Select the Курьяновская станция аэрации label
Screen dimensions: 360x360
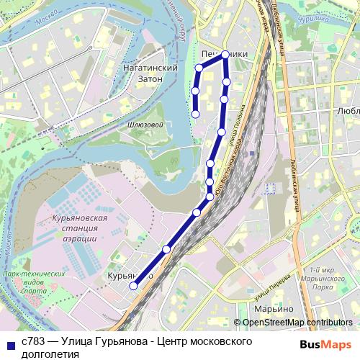point(76,228)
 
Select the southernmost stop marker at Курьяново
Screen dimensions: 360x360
point(133,286)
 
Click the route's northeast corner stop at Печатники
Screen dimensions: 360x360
point(225,55)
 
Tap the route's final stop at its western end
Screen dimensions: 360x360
point(196,114)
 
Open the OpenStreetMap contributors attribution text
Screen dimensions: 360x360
point(297,323)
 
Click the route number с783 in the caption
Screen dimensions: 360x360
point(33,341)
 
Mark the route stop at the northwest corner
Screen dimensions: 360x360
point(199,68)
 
